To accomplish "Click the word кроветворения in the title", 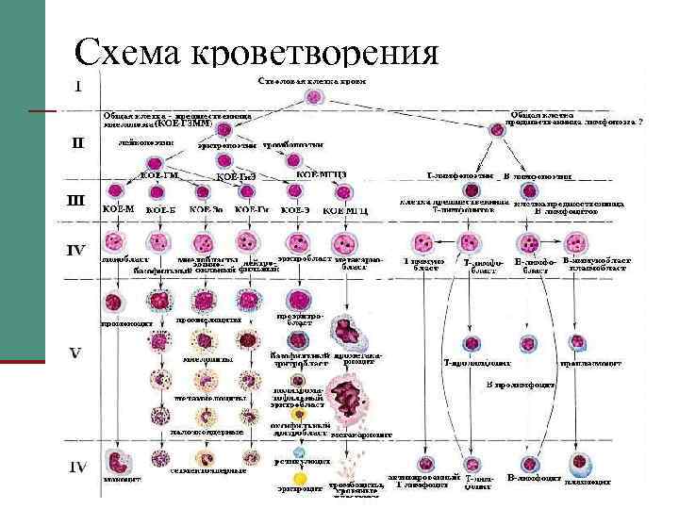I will click(315, 54).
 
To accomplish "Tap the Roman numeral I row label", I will click(78, 84).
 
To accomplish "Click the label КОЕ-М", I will click(117, 208).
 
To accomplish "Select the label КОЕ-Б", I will click(161, 208).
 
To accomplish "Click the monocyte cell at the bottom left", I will click(117, 462).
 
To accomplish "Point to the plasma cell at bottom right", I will click(578, 462).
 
